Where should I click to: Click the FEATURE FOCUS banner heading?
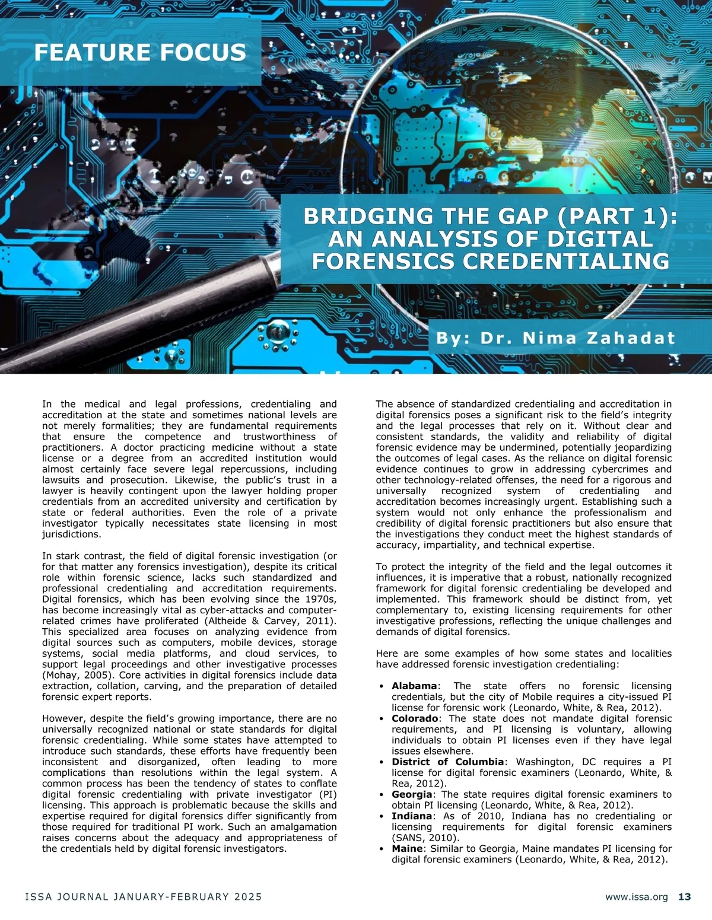[x=140, y=52]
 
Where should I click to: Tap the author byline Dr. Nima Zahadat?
[x=555, y=338]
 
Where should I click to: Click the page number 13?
[x=684, y=897]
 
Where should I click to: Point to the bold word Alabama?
[x=414, y=686]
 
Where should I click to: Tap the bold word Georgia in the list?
[x=412, y=794]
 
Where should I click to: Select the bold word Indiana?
[x=412, y=816]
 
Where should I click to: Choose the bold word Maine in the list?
[x=408, y=849]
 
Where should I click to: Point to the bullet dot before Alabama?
[x=381, y=686]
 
